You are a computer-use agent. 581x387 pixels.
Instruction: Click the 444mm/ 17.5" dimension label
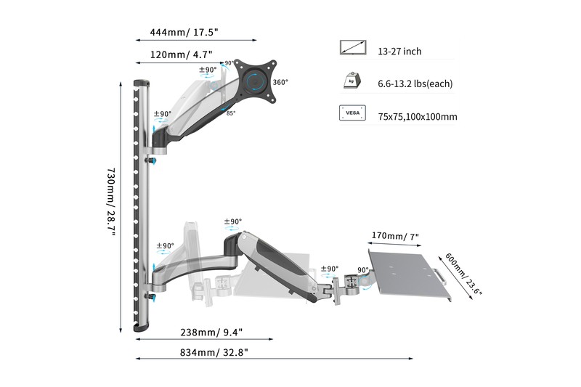tap(184, 33)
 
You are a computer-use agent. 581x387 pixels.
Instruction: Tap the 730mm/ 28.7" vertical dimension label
tap(111, 207)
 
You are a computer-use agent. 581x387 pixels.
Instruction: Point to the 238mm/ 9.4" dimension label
tap(211, 333)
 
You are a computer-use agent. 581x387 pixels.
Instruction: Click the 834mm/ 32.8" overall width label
tap(215, 351)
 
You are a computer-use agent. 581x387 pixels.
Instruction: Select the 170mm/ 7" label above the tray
tap(394, 236)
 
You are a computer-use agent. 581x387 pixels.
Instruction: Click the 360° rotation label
tap(281, 82)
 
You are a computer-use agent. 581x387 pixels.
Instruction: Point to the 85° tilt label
tap(231, 114)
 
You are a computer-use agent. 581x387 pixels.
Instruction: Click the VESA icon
tap(354, 114)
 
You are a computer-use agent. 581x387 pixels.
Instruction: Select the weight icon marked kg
tap(354, 81)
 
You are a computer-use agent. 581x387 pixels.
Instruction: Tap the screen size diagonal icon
tap(354, 49)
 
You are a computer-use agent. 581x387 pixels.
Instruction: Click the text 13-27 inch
tap(399, 52)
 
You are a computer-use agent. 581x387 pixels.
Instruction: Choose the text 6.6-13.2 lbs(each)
tap(415, 84)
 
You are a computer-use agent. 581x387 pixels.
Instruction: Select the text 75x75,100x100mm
tap(417, 117)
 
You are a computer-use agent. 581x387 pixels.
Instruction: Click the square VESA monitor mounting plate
tap(256, 78)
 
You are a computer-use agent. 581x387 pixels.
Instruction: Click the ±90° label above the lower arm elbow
tap(232, 222)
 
